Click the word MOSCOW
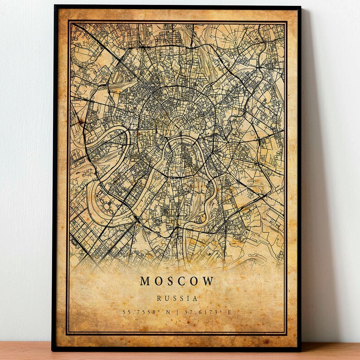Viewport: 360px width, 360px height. tap(177, 281)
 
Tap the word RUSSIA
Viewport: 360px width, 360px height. tap(177, 298)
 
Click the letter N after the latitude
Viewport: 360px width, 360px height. tap(169, 312)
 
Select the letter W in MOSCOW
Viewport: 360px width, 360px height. tap(208, 281)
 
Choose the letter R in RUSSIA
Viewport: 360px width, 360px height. tap(159, 298)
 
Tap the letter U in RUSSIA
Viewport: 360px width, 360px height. tap(166, 298)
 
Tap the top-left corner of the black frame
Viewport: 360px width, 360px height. tap(54, 6)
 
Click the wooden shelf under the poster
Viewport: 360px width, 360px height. tap(181, 354)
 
